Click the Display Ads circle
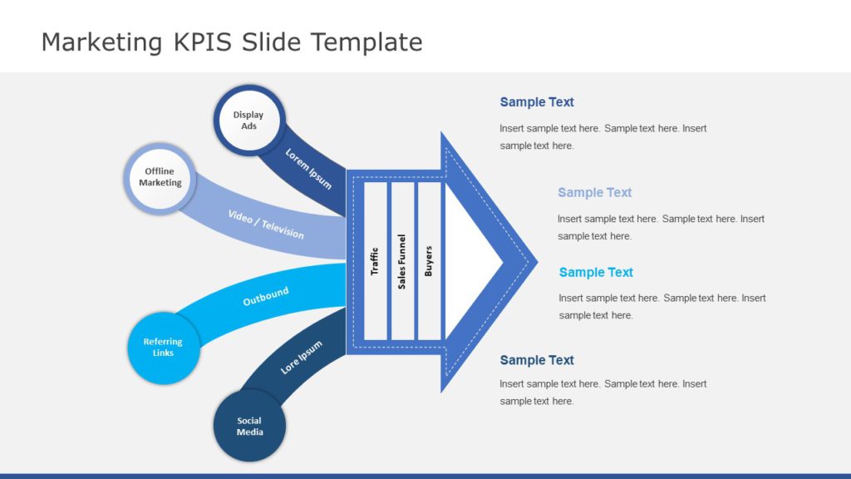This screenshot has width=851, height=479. [249, 121]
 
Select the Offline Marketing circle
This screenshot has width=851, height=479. [160, 177]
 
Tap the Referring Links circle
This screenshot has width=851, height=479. [163, 348]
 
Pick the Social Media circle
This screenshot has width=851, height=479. [249, 426]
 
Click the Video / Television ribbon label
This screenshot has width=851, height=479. [266, 224]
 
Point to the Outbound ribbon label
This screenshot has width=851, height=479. [266, 296]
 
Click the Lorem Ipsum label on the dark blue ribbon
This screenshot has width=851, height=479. [307, 168]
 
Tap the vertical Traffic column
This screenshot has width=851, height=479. [375, 261]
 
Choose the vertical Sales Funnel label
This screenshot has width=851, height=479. [402, 261]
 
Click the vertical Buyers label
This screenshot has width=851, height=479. [429, 261]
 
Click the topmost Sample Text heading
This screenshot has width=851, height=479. [537, 102]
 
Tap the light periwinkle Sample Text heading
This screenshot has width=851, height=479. [594, 192]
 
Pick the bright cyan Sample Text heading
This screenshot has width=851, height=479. [596, 272]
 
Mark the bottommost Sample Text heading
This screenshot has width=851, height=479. [537, 360]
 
